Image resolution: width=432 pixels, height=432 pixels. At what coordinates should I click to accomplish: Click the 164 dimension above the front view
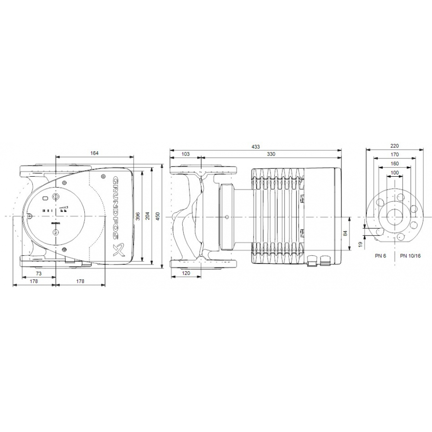pyautogui.click(x=95, y=153)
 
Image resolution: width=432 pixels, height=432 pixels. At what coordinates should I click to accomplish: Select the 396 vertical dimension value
pyautogui.click(x=138, y=216)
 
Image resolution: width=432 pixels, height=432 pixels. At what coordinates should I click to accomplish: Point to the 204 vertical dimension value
pyautogui.click(x=148, y=216)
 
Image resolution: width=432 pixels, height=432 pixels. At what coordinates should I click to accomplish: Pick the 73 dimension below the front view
pyautogui.click(x=38, y=274)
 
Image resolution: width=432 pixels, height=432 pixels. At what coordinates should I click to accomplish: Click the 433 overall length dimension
pyautogui.click(x=255, y=147)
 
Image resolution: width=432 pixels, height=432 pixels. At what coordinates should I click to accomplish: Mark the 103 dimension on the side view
pyautogui.click(x=186, y=154)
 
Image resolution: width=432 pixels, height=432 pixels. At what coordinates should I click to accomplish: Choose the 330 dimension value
pyautogui.click(x=271, y=154)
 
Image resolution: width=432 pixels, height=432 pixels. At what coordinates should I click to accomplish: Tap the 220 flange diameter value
pyautogui.click(x=394, y=146)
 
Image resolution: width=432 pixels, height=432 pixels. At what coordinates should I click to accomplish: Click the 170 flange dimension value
pyautogui.click(x=394, y=154)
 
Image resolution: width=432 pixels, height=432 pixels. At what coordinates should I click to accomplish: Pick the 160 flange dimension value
pyautogui.click(x=394, y=164)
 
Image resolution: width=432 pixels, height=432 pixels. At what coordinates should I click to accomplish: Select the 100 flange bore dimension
pyautogui.click(x=394, y=173)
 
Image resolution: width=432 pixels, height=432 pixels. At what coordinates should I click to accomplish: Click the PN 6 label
pyautogui.click(x=380, y=256)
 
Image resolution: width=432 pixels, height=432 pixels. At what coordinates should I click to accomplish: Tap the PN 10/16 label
pyautogui.click(x=410, y=256)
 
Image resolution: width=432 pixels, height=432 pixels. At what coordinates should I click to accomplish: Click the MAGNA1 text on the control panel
pyautogui.click(x=56, y=224)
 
